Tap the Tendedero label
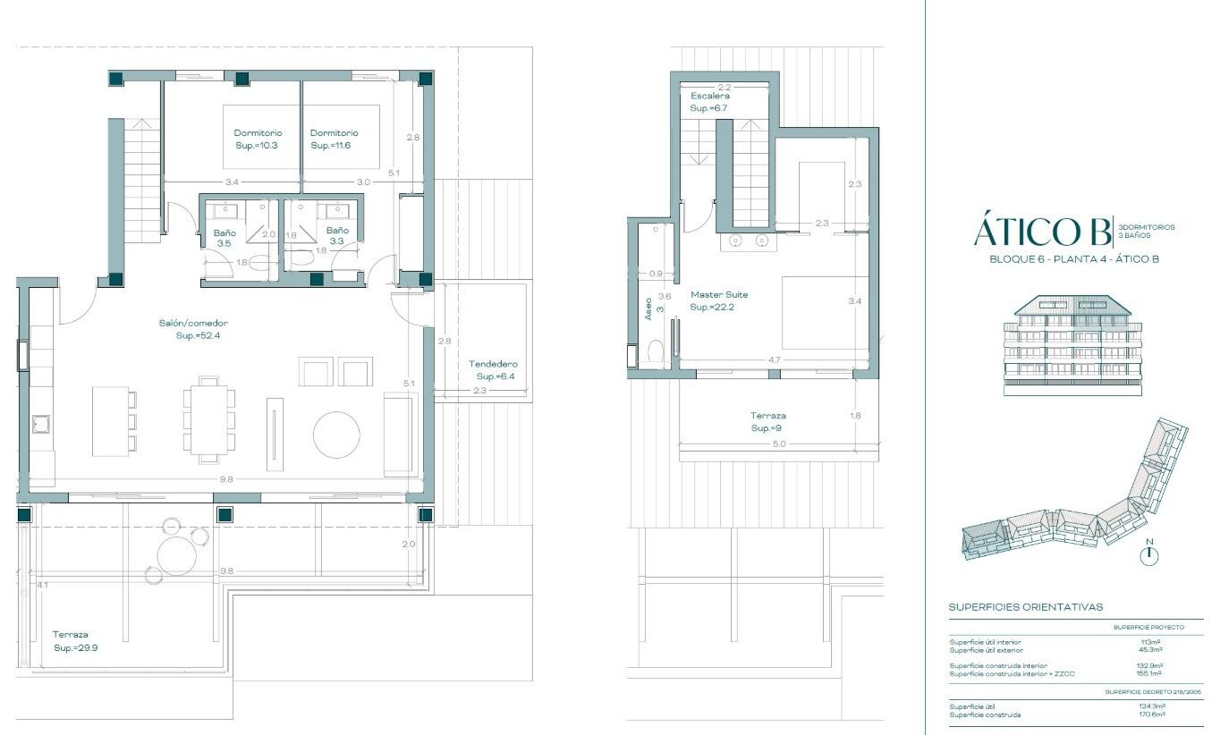(493, 370)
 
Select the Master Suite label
(718, 300)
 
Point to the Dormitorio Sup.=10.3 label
(257, 139)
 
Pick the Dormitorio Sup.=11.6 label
(334, 139)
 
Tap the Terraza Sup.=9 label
(767, 422)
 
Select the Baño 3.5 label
(224, 238)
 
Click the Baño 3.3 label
(336, 235)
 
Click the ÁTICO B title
(1040, 231)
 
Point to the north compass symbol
(1150, 554)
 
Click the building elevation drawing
(1072, 345)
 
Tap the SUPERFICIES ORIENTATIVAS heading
(1025, 607)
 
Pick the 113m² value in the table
(1150, 642)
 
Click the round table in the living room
(336, 435)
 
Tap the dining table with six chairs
(209, 418)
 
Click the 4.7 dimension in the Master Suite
(775, 359)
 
